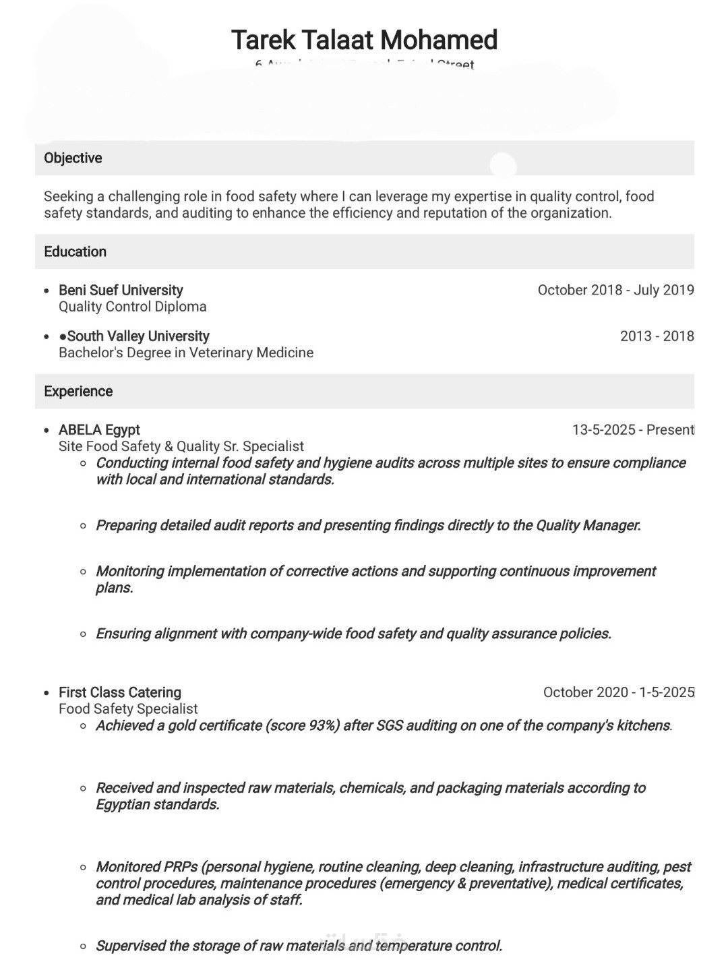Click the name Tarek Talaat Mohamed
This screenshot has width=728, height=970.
point(364,40)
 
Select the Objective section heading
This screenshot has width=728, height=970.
point(73,158)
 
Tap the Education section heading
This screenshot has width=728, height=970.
point(75,252)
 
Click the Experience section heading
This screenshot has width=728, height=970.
point(78,392)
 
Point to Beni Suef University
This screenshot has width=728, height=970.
point(121,291)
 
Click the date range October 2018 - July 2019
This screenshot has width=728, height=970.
point(615,291)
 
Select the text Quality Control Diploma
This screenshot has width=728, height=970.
point(132,307)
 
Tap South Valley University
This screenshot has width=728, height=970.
point(138,336)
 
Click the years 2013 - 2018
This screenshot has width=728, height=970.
point(657,336)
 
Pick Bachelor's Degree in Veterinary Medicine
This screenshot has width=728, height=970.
point(185,353)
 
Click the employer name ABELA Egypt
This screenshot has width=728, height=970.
point(99,430)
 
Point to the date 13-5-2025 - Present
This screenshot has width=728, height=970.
point(632,430)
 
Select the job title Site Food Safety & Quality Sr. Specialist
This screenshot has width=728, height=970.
point(181,446)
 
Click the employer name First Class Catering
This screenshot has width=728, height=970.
point(120,693)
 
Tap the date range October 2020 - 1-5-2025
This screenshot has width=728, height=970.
point(618,693)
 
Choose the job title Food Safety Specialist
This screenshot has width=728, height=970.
point(128,709)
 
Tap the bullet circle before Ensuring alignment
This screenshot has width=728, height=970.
point(83,634)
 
